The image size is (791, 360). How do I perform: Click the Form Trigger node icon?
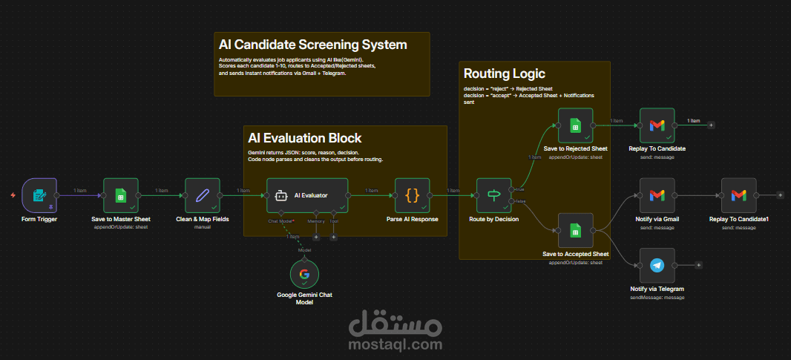[39, 195]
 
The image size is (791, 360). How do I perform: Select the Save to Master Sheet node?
[121, 195]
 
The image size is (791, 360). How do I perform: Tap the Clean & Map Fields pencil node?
[203, 195]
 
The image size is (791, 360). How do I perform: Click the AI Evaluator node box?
[307, 195]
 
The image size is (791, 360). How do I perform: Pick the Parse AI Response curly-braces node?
[413, 195]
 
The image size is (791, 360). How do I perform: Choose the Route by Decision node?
[494, 195]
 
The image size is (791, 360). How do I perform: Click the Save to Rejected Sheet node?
[575, 125]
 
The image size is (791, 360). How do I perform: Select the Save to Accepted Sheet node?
[575, 230]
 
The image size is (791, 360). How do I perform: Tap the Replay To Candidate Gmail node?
[657, 125]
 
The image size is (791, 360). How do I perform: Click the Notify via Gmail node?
[657, 195]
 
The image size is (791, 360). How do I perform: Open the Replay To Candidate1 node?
[738, 195]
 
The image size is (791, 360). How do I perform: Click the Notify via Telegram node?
[657, 265]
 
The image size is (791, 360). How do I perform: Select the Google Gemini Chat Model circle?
[304, 275]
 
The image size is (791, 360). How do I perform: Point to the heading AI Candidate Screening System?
[312, 45]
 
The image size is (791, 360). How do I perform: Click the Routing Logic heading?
[504, 73]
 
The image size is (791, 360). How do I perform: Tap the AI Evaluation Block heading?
[304, 138]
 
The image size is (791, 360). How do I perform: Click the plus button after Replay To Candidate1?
[780, 195]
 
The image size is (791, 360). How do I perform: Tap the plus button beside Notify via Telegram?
[698, 265]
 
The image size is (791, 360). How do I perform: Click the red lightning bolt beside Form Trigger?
[12, 195]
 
